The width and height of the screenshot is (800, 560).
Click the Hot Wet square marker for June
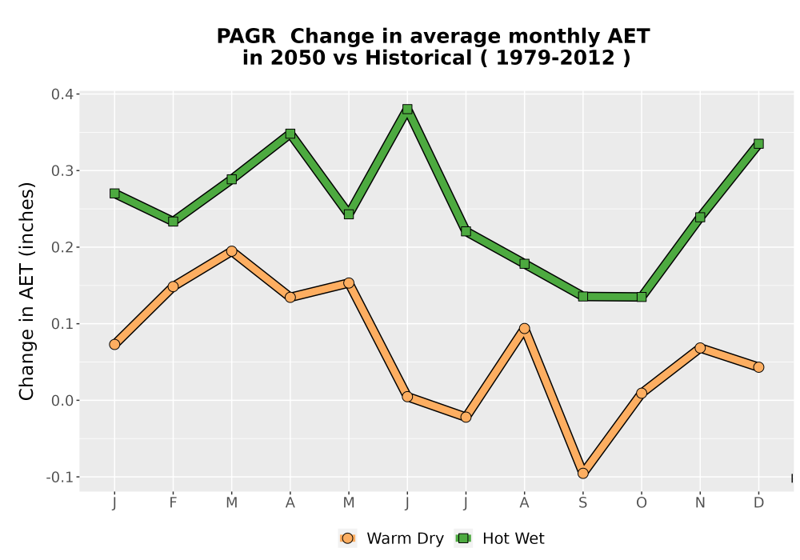tap(407, 109)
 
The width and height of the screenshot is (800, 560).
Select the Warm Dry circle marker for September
tap(582, 474)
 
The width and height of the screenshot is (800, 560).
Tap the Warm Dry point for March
tap(232, 251)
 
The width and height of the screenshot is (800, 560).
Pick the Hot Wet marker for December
tap(758, 144)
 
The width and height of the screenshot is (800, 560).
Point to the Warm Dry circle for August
tap(525, 329)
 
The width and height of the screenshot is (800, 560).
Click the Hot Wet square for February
tap(173, 222)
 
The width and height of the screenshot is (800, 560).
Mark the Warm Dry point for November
tap(700, 348)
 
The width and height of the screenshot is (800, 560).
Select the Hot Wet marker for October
tap(642, 297)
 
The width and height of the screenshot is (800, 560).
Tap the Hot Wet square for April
tap(290, 134)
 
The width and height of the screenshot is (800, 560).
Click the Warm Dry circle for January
tap(114, 344)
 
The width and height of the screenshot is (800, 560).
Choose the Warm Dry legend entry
tap(391, 538)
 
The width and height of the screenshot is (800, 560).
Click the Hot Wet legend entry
tap(499, 538)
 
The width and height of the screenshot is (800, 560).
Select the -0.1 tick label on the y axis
tap(60, 478)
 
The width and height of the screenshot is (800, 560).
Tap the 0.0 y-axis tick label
tap(62, 400)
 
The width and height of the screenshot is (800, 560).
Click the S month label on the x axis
tap(582, 503)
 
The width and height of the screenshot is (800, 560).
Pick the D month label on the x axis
tap(758, 503)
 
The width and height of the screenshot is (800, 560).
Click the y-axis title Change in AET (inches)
tap(26, 291)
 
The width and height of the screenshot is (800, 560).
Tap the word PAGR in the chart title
tap(246, 37)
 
